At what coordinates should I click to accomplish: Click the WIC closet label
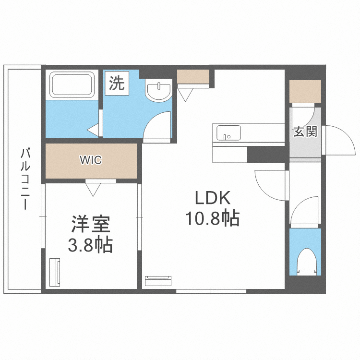[91, 160]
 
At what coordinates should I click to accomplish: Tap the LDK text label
[213, 198]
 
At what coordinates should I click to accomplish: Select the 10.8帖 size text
[213, 218]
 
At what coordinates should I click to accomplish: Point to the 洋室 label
[91, 224]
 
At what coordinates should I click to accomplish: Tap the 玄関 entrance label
[305, 132]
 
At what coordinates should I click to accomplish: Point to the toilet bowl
[305, 261]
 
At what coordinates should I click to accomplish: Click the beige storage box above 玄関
[305, 91]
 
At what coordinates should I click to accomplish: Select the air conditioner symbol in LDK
[158, 280]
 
